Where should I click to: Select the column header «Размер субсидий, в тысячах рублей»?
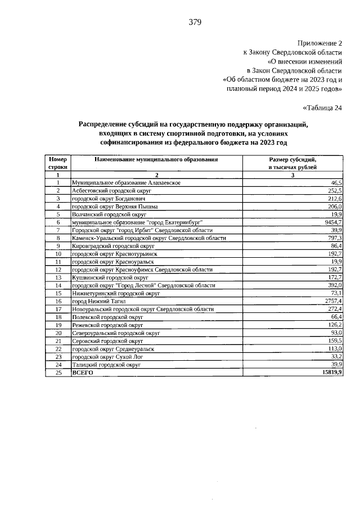pos(292,163)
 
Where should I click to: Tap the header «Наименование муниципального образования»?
pos(156,160)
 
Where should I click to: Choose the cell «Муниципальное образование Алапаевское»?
pos(125,183)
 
